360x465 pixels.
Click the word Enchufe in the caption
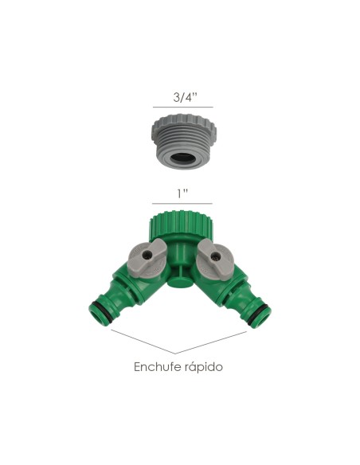click(156, 368)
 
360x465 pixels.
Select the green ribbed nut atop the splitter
click(180, 224)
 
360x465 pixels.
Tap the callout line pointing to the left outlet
click(143, 342)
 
